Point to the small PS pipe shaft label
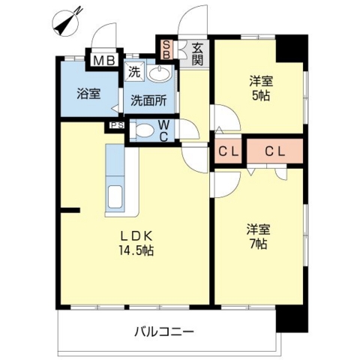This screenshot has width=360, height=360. [x=116, y=125]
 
